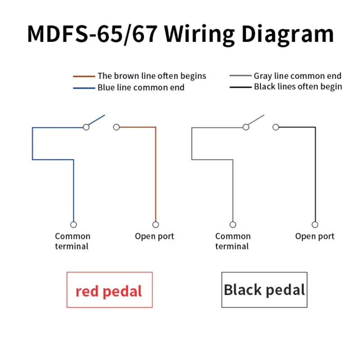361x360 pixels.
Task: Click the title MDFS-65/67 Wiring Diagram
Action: (180, 35)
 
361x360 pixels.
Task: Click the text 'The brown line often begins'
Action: (152, 76)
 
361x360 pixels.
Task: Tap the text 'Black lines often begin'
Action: (298, 87)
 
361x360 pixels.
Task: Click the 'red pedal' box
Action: (110, 290)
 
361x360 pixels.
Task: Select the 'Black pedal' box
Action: (264, 290)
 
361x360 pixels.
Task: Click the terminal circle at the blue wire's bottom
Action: (74, 224)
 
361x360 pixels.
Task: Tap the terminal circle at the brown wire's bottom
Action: (156, 224)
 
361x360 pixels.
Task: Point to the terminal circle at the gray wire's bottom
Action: (233, 224)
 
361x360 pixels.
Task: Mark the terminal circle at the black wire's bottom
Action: (315, 224)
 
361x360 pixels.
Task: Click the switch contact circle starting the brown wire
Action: (116, 127)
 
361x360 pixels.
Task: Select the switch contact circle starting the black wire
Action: (276, 127)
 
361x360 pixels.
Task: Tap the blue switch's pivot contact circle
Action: (86, 127)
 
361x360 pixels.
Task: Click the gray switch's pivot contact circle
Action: (246, 127)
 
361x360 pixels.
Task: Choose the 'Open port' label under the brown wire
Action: (154, 236)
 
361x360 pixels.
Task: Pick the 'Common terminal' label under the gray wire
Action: (233, 241)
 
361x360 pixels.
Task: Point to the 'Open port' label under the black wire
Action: (315, 236)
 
